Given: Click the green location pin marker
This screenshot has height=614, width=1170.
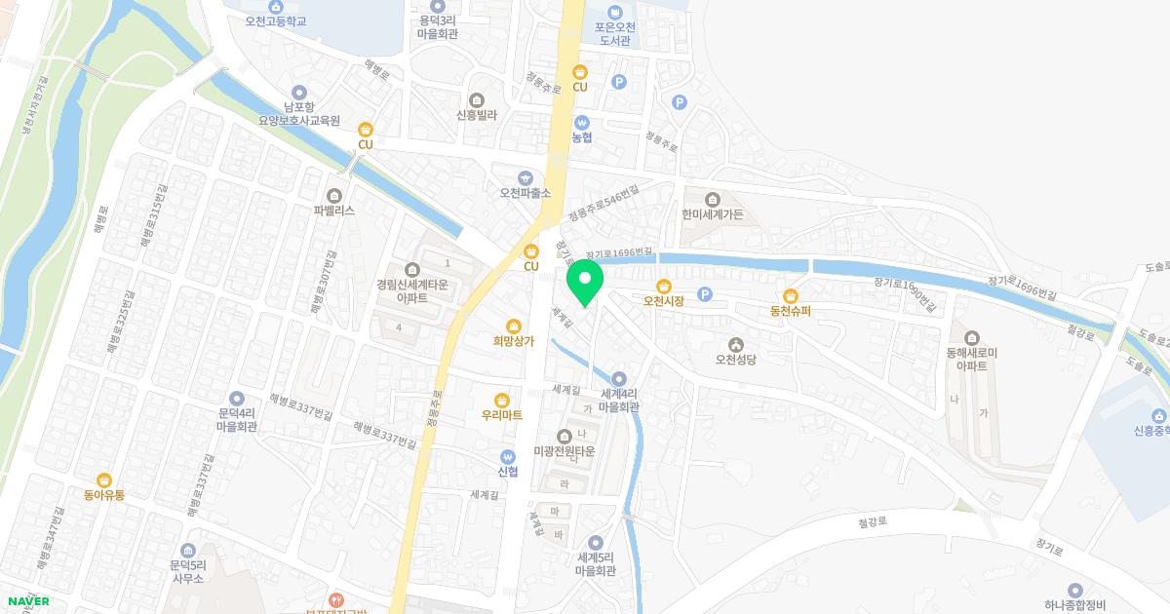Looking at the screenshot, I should pyautogui.click(x=585, y=282).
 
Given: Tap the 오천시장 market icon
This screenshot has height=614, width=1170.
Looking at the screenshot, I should pyautogui.click(x=664, y=286).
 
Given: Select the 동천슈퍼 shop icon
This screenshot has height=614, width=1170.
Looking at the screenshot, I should pyautogui.click(x=791, y=296).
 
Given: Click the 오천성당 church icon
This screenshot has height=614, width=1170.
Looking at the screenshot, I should pyautogui.click(x=736, y=344).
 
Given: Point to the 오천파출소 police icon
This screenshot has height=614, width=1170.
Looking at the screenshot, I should pyautogui.click(x=526, y=177).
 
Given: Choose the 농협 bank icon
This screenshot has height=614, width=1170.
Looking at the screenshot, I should pyautogui.click(x=582, y=123).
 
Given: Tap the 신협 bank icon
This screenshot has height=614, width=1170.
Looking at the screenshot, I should pyautogui.click(x=507, y=456).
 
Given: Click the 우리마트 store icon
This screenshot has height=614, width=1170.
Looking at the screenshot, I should pyautogui.click(x=501, y=400).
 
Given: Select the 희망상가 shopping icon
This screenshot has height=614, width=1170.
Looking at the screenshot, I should pyautogui.click(x=514, y=326).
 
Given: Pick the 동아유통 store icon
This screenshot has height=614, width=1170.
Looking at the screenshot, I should pyautogui.click(x=104, y=480).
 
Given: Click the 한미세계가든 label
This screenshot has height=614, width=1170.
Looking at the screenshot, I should pyautogui.click(x=713, y=213).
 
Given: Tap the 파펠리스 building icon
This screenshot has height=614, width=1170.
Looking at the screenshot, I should pyautogui.click(x=335, y=195).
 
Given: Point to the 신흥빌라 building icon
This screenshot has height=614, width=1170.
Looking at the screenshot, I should pyautogui.click(x=477, y=99).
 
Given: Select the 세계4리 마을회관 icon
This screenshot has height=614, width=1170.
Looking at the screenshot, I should pyautogui.click(x=619, y=378).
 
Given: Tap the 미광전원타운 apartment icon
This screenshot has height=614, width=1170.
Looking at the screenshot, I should pyautogui.click(x=564, y=436).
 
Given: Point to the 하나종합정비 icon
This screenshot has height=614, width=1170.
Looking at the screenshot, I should pyautogui.click(x=1075, y=591).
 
